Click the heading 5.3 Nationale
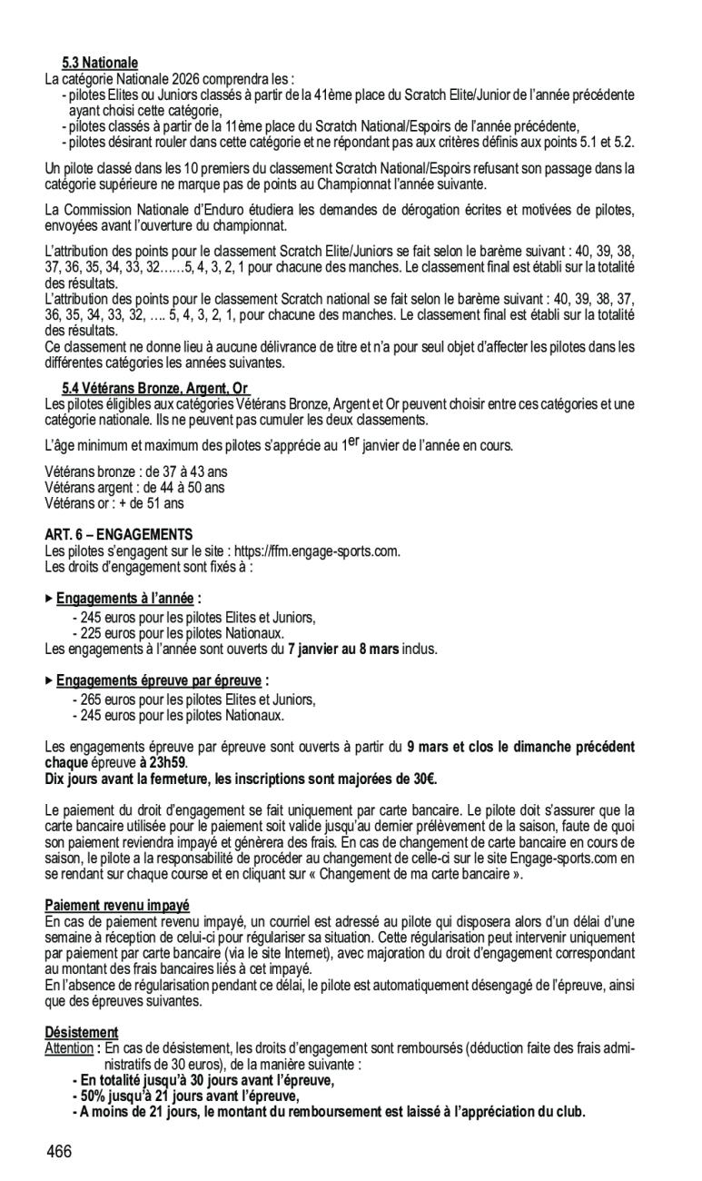click(x=100, y=63)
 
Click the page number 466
click(x=59, y=1152)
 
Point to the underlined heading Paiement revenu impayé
click(x=117, y=906)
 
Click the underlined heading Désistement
click(x=82, y=1032)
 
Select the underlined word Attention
click(x=69, y=1048)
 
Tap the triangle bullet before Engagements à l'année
click(x=49, y=599)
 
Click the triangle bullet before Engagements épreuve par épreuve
click(x=49, y=680)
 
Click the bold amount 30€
click(x=424, y=779)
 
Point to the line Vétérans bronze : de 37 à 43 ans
click(x=136, y=471)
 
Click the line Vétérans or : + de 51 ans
click(x=114, y=502)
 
